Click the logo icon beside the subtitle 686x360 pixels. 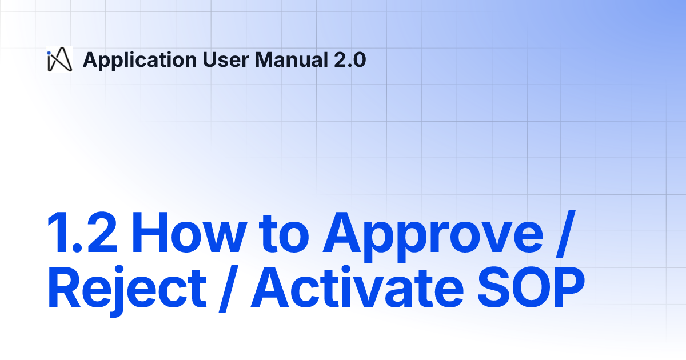click(59, 59)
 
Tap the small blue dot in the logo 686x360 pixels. click(49, 53)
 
